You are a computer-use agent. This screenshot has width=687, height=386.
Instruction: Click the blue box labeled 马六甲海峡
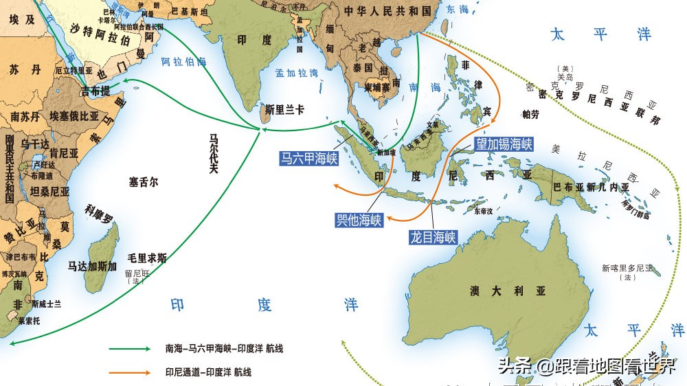(309, 159)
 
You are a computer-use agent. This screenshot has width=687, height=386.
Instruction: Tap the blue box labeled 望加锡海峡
(504, 144)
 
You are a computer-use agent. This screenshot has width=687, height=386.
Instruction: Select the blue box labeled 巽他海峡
(359, 220)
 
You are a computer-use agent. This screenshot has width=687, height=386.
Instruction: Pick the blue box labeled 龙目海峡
(433, 238)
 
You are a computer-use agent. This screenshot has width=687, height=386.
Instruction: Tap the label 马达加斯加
(93, 266)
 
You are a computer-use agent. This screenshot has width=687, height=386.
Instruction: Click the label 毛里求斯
(147, 258)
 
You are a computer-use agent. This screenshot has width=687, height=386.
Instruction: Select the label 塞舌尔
(144, 182)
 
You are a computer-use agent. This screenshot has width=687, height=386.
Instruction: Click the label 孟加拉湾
(296, 72)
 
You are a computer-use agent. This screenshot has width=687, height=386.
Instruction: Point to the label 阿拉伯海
(183, 61)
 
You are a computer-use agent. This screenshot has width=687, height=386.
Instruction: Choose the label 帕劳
(531, 113)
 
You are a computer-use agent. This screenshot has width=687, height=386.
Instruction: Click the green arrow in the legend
(130, 349)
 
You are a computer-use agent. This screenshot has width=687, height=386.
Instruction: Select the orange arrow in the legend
(130, 372)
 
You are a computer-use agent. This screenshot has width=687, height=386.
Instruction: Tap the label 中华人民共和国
(389, 11)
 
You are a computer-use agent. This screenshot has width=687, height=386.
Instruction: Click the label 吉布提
(95, 91)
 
